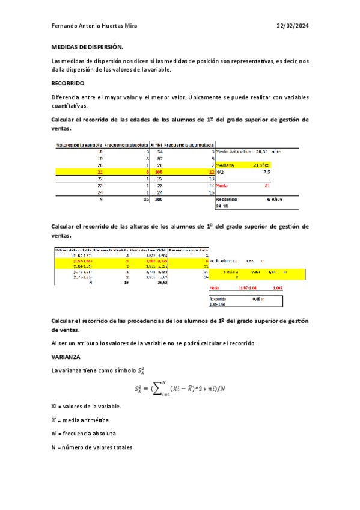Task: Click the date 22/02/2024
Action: (293, 26)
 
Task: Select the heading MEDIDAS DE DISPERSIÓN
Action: (87, 46)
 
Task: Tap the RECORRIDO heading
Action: (68, 83)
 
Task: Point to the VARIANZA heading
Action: (66, 357)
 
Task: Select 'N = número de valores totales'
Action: (91, 447)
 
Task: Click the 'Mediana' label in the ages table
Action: (226, 164)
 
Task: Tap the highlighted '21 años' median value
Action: (261, 164)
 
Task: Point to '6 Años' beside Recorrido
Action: (274, 200)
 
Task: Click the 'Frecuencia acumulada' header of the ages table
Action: (189, 145)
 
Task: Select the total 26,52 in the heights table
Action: (162, 281)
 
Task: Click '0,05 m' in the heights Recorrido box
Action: (258, 298)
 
